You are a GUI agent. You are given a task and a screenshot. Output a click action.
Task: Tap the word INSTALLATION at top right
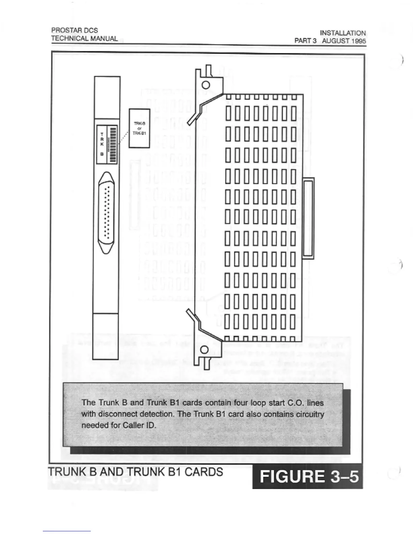(343, 33)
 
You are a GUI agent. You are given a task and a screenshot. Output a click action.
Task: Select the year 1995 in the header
(358, 41)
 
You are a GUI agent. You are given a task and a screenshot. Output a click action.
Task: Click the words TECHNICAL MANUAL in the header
(84, 38)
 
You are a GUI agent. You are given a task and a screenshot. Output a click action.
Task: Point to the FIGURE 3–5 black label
(308, 477)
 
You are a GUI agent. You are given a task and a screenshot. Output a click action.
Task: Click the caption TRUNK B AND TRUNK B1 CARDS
(136, 472)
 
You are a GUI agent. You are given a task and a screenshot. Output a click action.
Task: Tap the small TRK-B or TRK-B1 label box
(139, 128)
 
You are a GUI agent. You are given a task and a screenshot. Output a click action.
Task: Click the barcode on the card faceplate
(112, 144)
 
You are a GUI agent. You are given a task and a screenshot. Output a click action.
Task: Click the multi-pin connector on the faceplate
(106, 213)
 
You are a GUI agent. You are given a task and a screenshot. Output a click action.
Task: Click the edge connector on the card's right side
(308, 218)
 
